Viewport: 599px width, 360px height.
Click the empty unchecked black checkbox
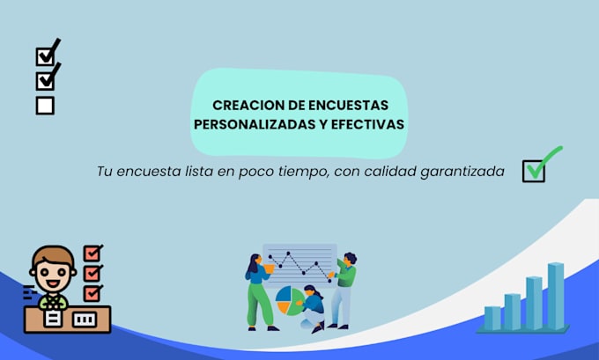(x=46, y=106)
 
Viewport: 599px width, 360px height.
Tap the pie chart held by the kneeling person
(x=287, y=300)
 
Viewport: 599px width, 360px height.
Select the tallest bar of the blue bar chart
(x=556, y=295)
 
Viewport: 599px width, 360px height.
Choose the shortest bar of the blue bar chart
(x=492, y=318)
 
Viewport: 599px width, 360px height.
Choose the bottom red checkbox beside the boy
(x=92, y=292)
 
